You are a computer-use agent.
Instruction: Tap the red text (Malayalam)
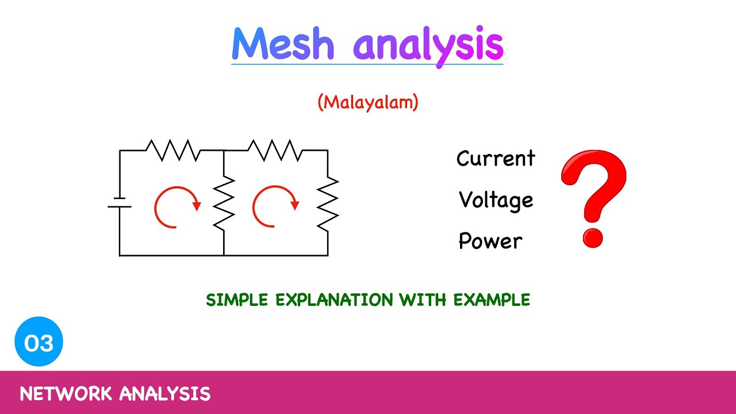tap(368, 102)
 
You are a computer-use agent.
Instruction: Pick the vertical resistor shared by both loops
tap(224, 203)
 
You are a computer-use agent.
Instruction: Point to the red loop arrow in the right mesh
tap(274, 206)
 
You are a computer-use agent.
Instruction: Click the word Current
tap(496, 159)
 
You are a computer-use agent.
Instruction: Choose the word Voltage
tap(496, 200)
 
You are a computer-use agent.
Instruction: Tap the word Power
tap(490, 241)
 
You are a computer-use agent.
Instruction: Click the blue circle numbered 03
tap(39, 343)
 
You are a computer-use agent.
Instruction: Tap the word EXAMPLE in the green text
tap(492, 300)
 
